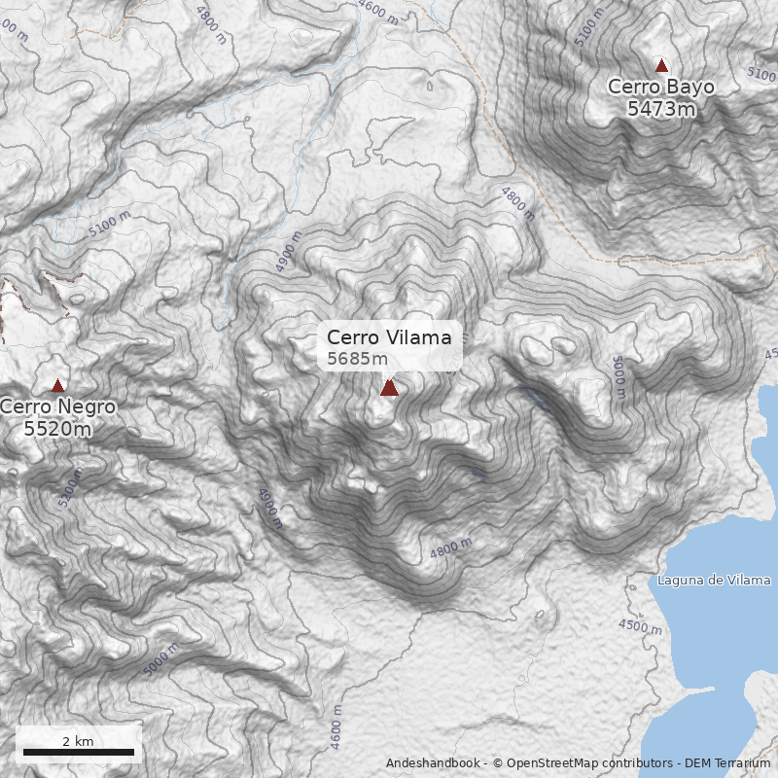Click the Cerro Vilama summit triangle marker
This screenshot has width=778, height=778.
389,387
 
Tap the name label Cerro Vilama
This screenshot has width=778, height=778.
389,337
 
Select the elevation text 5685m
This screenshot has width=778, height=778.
357,359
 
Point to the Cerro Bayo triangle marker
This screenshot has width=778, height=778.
662,66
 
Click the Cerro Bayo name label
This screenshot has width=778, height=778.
661,87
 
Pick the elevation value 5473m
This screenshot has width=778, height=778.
661,108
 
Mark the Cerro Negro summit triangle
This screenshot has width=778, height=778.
57,386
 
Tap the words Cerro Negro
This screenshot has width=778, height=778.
58,407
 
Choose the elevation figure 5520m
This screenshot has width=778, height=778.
58,428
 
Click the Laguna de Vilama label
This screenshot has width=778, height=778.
714,581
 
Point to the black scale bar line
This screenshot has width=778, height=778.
78,752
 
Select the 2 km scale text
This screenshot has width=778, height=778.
78,741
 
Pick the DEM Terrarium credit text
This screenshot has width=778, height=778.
727,763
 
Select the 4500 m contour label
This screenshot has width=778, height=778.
639,627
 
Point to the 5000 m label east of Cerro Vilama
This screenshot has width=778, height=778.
619,376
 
